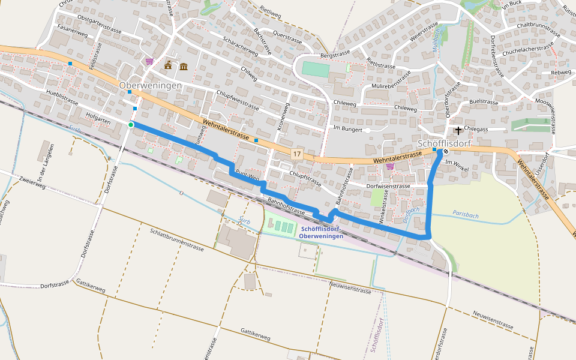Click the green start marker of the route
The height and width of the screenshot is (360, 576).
pos(131,124)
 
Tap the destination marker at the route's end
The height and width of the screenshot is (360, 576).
pos(446,151)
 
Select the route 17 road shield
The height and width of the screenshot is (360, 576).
pos(296,154)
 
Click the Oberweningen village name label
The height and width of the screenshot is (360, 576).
pos(150,86)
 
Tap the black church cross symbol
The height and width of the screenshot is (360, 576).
pos(458,130)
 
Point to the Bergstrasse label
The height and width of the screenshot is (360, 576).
pos(335,55)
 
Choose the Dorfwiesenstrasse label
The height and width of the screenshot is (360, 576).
pos(388,186)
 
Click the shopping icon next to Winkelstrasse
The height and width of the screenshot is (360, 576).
pos(390,166)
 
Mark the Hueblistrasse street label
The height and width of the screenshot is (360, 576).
pos(62,98)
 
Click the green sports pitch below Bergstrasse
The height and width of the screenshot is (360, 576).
pos(315,69)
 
